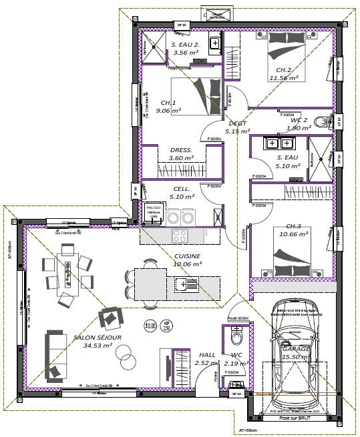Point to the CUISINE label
pyautogui.click(x=187, y=260)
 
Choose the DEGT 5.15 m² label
pyautogui.click(x=236, y=127)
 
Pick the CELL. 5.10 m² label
pyautogui.click(x=182, y=193)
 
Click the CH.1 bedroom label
pyautogui.click(x=168, y=107)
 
